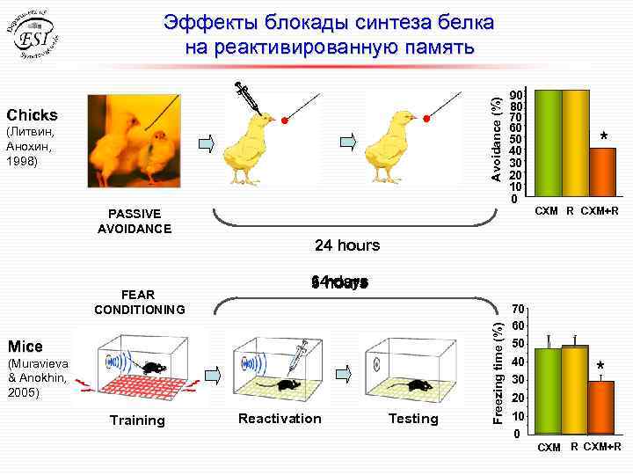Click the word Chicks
click(33, 115)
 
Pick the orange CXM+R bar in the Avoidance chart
click(603, 175)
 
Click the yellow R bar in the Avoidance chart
click(576, 146)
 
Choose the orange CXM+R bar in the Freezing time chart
click(601, 407)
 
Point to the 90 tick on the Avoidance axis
click(519, 93)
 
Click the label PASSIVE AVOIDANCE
click(134, 221)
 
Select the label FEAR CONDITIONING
click(140, 303)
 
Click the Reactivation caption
click(280, 419)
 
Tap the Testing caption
click(412, 419)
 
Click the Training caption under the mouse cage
click(136, 420)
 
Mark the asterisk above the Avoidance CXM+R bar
click(604, 136)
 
